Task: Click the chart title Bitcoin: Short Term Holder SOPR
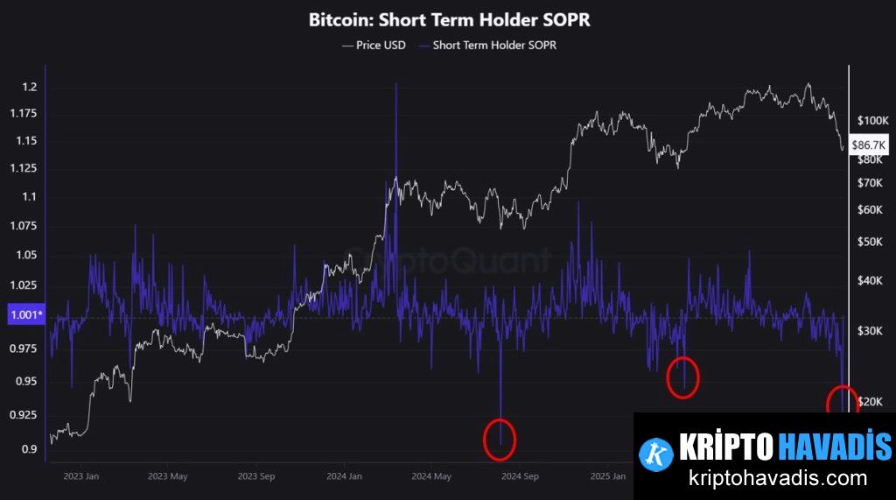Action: [x=449, y=19]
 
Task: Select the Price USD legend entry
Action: [x=374, y=45]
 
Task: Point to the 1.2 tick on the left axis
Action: [x=29, y=87]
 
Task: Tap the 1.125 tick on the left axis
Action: [x=24, y=168]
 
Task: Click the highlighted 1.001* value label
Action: [x=25, y=314]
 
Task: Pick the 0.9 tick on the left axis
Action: [x=29, y=449]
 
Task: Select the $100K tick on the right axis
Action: [x=872, y=120]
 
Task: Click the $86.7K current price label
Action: [x=869, y=144]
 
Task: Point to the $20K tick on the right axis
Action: [x=872, y=401]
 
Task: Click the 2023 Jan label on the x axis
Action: [x=80, y=476]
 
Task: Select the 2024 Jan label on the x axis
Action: [x=343, y=476]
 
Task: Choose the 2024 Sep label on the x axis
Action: [x=518, y=476]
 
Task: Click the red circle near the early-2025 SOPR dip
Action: [x=682, y=377]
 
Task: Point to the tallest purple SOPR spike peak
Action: [x=396, y=84]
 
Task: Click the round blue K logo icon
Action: [x=656, y=452]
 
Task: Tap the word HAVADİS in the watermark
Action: [x=835, y=447]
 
